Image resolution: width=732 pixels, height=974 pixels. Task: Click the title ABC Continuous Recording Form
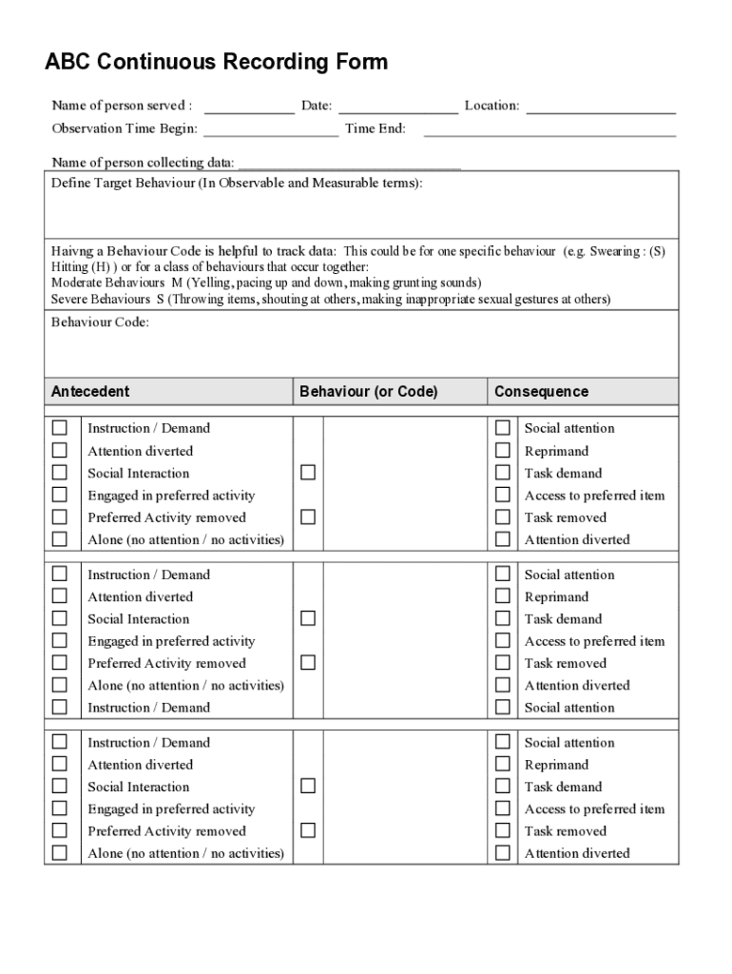tap(217, 63)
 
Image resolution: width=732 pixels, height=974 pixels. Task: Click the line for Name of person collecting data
tap(349, 166)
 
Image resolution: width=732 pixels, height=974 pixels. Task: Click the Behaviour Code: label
tap(100, 322)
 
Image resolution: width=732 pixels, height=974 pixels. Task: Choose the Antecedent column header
tap(90, 392)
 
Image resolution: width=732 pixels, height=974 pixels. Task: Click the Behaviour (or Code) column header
tap(369, 392)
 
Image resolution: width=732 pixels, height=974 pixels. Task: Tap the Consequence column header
tap(541, 392)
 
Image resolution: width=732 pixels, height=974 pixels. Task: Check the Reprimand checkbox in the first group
tap(503, 451)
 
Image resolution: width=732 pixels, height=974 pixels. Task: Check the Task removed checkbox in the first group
tap(503, 517)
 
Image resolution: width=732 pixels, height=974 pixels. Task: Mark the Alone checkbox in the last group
tap(60, 853)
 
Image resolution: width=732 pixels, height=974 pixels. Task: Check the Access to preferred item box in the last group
tap(503, 808)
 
